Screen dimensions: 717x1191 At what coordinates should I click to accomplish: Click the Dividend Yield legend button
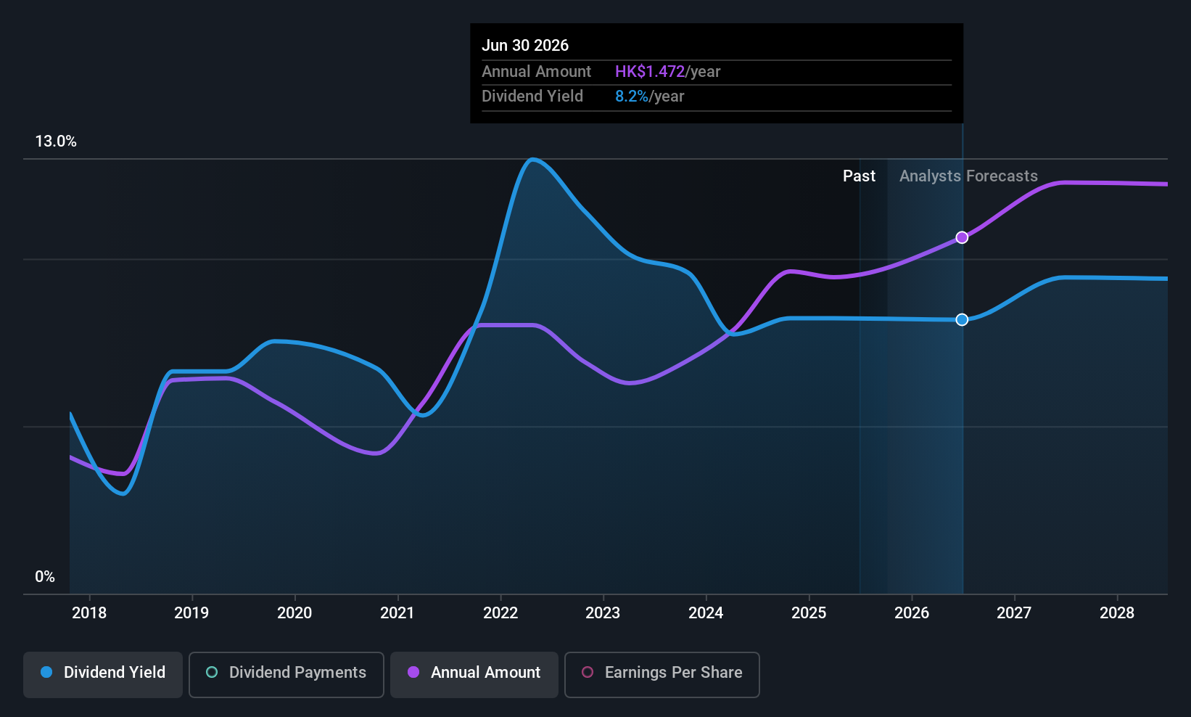[x=103, y=673]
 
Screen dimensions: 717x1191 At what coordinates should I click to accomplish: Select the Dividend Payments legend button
[x=286, y=673]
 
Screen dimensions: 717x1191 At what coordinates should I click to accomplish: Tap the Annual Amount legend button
[x=474, y=673]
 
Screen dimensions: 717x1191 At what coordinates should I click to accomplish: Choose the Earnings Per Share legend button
[x=662, y=673]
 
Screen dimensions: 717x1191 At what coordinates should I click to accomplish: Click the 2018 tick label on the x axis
[x=89, y=613]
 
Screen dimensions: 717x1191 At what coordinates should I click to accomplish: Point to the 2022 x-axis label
[x=500, y=613]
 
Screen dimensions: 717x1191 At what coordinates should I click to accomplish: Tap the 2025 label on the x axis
[x=809, y=613]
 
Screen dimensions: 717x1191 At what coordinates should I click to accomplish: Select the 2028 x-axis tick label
[x=1117, y=613]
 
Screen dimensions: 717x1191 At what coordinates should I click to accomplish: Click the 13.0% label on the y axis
[x=56, y=142]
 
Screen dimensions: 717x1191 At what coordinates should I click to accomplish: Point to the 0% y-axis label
[x=45, y=577]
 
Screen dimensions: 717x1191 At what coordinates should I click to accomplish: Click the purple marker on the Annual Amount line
[x=962, y=237]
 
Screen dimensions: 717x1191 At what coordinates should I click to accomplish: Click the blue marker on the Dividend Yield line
[x=962, y=320]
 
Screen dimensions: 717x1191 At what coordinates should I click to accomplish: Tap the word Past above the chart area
[x=859, y=176]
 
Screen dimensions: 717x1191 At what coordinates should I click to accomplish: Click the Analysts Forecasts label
[x=968, y=176]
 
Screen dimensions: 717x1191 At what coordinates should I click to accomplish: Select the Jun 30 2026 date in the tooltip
[x=525, y=45]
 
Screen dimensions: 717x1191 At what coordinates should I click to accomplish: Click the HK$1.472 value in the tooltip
[x=650, y=72]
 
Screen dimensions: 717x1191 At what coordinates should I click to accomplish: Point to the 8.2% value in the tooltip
[x=632, y=97]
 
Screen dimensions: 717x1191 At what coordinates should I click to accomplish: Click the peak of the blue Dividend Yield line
[x=532, y=159]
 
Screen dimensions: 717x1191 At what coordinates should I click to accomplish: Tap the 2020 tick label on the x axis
[x=294, y=613]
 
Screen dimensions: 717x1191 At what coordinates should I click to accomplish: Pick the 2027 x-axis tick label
[x=1014, y=613]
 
